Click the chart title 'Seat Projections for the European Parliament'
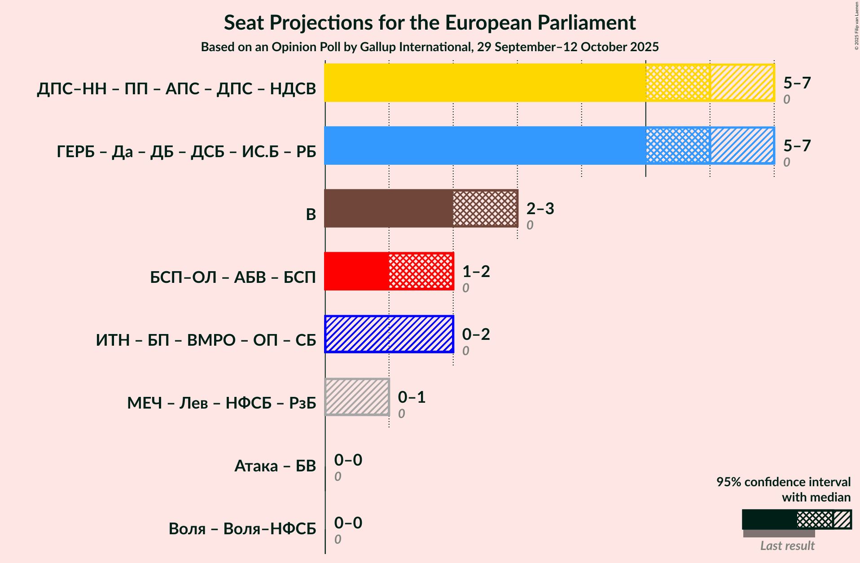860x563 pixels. click(x=430, y=23)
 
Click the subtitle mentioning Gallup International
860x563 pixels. click(x=430, y=47)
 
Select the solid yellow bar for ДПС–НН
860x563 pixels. click(x=485, y=83)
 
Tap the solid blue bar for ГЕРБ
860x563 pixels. click(x=485, y=145)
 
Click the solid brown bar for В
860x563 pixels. click(x=389, y=208)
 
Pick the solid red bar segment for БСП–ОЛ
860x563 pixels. click(x=356, y=271)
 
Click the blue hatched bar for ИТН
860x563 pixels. click(x=389, y=334)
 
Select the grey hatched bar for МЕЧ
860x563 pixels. click(x=357, y=397)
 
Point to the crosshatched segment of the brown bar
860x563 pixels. click(x=485, y=208)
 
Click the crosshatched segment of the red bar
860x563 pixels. click(x=421, y=271)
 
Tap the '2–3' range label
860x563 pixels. click(x=540, y=209)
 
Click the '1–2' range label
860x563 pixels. click(x=476, y=272)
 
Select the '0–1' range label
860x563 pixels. click(x=412, y=397)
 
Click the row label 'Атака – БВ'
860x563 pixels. click(x=275, y=466)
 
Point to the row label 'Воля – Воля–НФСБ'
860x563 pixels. click(x=242, y=529)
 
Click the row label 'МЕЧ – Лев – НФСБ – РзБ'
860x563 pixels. click(x=222, y=403)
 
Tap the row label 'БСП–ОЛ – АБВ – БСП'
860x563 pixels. click(x=233, y=277)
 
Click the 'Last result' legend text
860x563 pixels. click(x=787, y=546)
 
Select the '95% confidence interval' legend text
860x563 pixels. click(x=783, y=482)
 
